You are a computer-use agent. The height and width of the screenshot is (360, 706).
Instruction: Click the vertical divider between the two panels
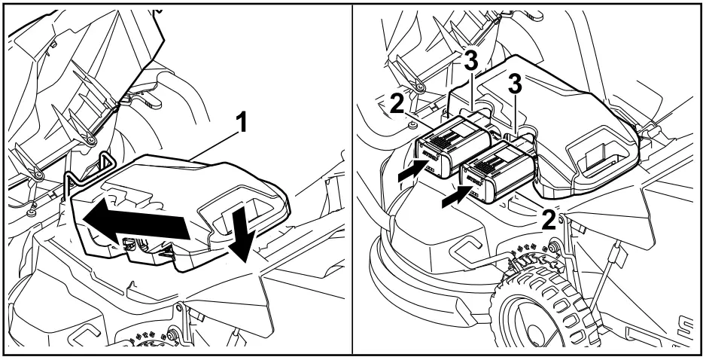click(x=354, y=180)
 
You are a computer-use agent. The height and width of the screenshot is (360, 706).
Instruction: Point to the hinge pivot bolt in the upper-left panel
click(x=90, y=140)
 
